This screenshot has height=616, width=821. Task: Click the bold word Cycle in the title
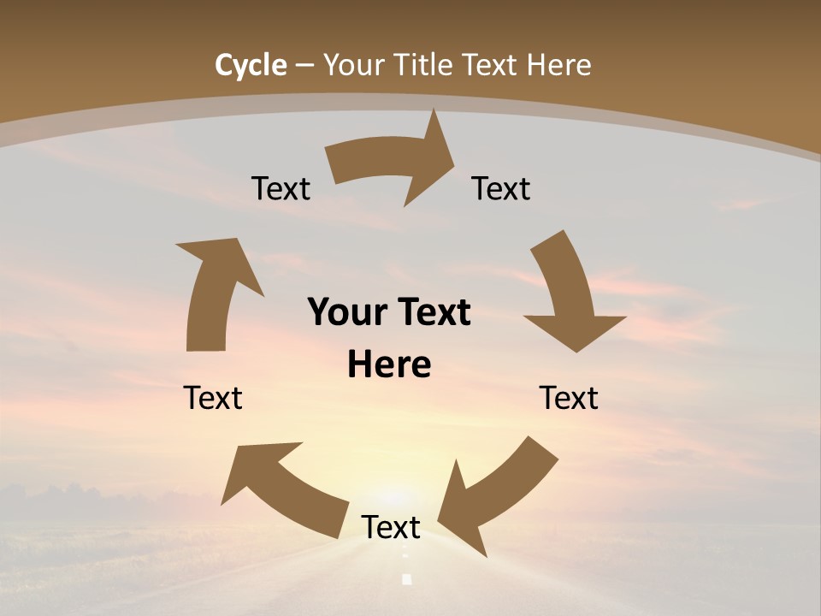click(x=251, y=65)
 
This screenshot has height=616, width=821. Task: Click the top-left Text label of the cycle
click(x=281, y=189)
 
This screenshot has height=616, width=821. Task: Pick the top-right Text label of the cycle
click(x=501, y=189)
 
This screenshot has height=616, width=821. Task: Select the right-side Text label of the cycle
click(x=569, y=398)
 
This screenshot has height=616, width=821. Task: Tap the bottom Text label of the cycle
click(x=391, y=528)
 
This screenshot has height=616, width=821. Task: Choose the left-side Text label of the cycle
click(x=213, y=398)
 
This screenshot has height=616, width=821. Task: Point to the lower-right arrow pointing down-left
click(x=496, y=496)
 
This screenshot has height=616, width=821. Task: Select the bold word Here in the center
click(x=389, y=365)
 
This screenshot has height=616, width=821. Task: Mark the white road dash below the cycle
click(x=407, y=579)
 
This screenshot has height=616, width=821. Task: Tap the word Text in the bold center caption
click(x=431, y=313)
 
